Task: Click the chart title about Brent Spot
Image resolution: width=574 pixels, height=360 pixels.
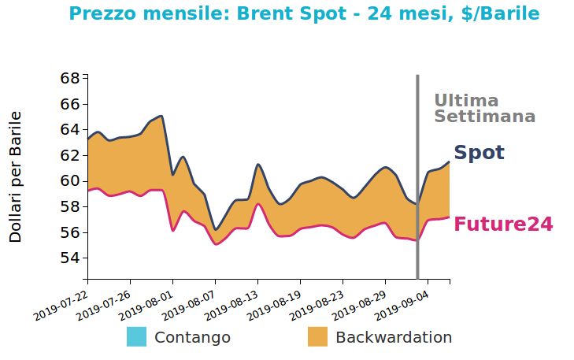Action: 304,14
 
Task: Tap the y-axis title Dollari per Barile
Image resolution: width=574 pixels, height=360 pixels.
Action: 16,176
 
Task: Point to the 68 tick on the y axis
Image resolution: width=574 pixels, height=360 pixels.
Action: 69,78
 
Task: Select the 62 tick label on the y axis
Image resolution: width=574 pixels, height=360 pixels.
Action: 69,155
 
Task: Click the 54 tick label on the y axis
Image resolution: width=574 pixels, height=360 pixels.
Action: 69,258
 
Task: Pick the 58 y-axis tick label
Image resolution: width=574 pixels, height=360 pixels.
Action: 69,206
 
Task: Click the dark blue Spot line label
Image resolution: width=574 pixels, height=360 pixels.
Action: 479,153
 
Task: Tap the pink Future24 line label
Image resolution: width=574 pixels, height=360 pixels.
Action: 503,225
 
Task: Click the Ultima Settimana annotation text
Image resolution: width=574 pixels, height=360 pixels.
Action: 484,109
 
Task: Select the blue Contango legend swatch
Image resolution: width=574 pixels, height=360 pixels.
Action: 136,337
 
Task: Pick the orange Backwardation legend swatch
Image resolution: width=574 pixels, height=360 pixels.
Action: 317,337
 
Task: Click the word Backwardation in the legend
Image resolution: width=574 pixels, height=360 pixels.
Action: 394,337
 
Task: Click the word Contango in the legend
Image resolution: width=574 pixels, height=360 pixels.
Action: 192,337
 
